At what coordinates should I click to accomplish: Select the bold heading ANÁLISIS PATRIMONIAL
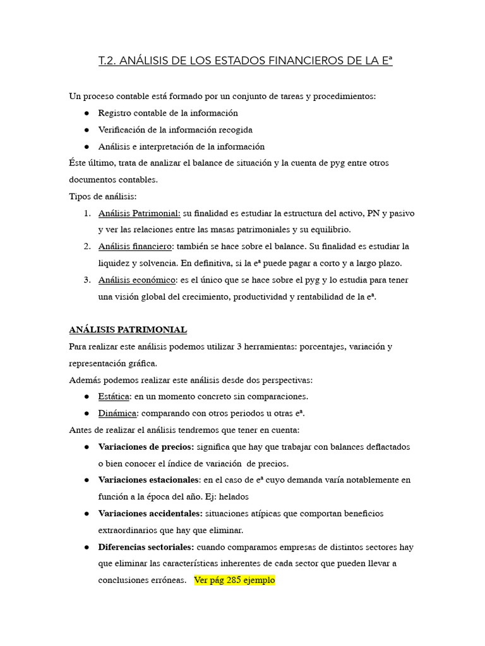[128, 329]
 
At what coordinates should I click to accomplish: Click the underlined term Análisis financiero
[135, 246]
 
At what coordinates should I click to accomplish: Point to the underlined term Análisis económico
[136, 279]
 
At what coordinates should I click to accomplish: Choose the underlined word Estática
[114, 396]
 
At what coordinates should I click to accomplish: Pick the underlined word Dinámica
[117, 413]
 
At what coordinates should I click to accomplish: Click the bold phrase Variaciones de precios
[146, 447]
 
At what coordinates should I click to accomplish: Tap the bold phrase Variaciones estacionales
[149, 480]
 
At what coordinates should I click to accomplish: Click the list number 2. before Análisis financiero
[87, 246]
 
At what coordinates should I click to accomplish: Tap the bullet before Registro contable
[86, 113]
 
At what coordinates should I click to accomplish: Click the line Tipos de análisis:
[102, 196]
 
